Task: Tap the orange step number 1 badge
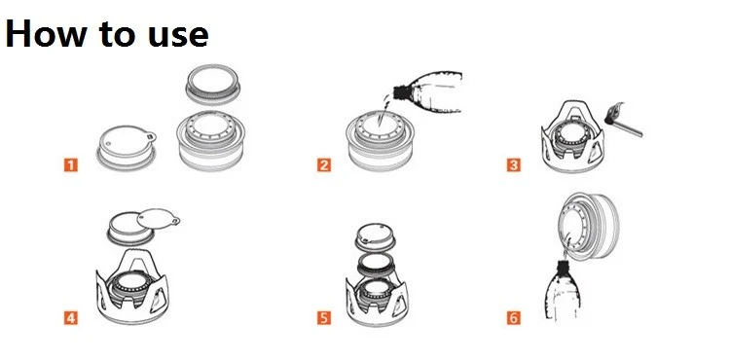point(71,164)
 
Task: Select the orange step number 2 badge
point(324,164)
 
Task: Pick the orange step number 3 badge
point(514,164)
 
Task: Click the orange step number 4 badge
point(71,318)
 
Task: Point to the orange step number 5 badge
point(324,318)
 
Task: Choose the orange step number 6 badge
point(514,318)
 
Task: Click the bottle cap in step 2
point(399,91)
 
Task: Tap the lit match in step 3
point(623,120)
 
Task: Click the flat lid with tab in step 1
point(127,148)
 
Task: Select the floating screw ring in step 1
point(213,85)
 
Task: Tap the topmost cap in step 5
point(376,237)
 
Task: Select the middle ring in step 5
point(376,265)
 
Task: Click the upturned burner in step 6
point(589,226)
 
